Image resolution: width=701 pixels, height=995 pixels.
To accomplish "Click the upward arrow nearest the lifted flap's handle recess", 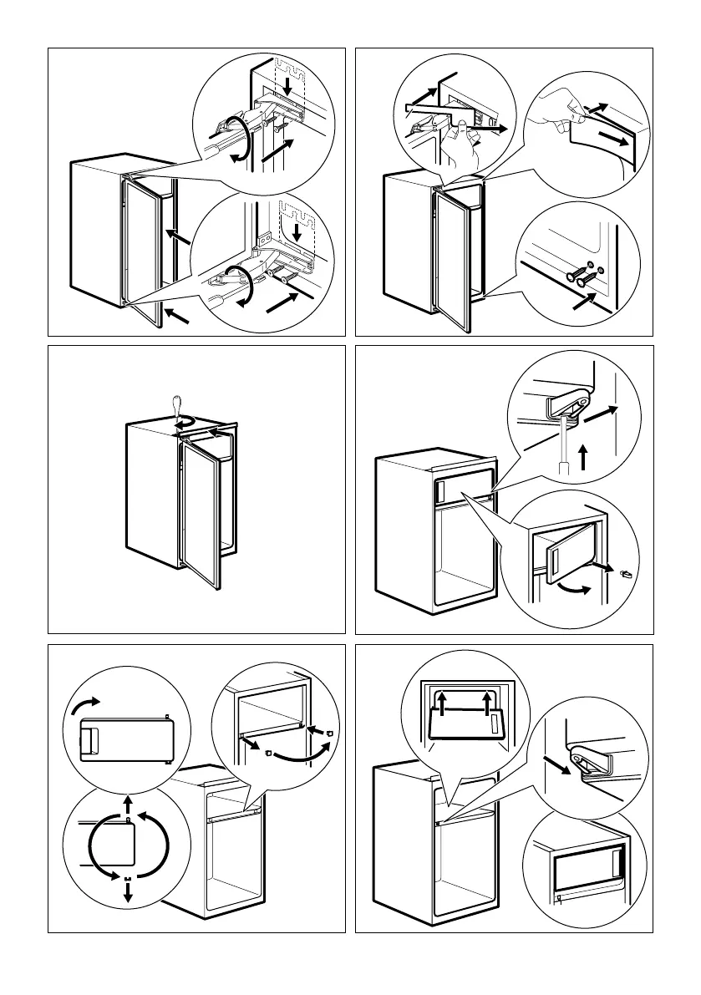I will point(486,699).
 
